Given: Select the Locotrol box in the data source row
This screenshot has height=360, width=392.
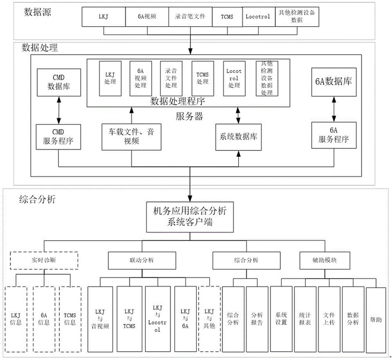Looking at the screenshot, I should [x=258, y=17].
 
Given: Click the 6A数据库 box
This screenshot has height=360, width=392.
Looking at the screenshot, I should [x=334, y=82].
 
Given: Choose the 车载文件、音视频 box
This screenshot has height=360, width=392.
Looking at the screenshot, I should [x=131, y=137].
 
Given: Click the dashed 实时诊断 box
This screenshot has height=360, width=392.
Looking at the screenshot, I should [x=44, y=260].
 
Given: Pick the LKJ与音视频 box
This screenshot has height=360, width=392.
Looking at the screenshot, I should [x=100, y=320].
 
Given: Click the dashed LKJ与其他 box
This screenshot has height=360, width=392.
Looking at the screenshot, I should [x=210, y=320].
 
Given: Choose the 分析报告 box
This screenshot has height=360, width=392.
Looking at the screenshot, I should [x=257, y=320].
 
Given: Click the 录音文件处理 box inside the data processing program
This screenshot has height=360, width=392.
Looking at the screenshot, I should [x=171, y=78].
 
